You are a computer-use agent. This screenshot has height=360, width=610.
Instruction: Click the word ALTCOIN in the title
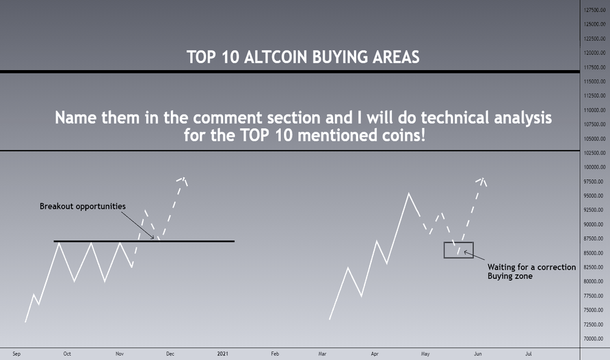[276, 57]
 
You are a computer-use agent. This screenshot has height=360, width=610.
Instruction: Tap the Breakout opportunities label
[82, 206]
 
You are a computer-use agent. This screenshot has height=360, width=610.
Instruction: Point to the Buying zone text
[510, 276]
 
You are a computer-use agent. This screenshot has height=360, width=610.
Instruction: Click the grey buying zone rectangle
[459, 242]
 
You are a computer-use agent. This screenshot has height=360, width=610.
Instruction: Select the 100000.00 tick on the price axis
[595, 168]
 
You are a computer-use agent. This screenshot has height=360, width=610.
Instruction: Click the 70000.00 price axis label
[595, 338]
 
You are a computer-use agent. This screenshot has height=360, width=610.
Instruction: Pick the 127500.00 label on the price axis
[595, 10]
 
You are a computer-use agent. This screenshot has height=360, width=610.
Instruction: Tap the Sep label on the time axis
[16, 353]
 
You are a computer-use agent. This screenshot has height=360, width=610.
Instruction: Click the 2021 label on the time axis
[223, 353]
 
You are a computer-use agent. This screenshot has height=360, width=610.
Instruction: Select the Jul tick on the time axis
[528, 353]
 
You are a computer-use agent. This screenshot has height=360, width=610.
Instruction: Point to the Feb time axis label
[275, 353]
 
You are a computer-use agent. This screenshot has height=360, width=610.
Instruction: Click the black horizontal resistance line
[144, 242]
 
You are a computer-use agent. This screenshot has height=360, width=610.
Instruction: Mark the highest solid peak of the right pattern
[408, 194]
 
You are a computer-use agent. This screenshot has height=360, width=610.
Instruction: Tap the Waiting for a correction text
[531, 267]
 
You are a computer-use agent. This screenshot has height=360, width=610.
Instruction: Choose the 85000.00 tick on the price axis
[595, 253]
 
